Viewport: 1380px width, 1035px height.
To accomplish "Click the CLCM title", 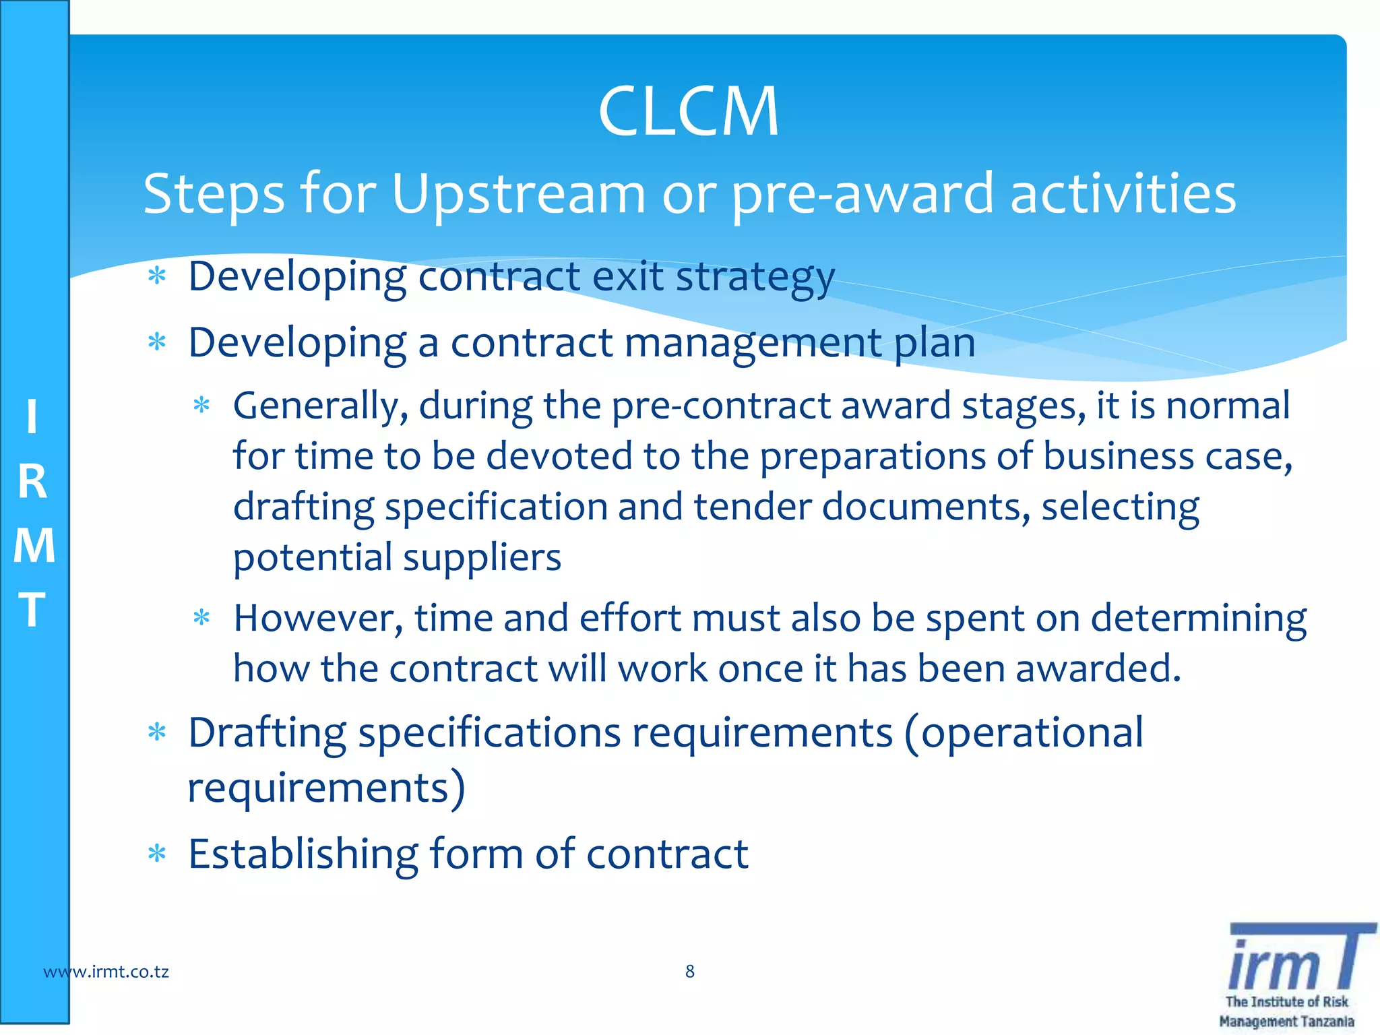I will tap(688, 111).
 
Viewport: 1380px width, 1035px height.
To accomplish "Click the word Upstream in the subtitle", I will tap(518, 195).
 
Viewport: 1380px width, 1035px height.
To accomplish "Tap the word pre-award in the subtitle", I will tap(862, 195).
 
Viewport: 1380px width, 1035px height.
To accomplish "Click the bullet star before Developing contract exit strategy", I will tap(157, 276).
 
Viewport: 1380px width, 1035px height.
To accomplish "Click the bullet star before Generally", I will tap(201, 406).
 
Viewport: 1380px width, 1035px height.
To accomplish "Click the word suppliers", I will tap(482, 558).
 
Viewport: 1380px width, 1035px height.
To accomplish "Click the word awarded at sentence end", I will tap(1098, 669).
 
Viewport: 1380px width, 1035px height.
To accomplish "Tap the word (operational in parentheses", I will tap(1024, 733).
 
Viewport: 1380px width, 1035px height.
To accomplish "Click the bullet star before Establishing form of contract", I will tap(157, 854).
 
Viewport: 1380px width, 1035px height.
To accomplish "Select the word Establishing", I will tap(303, 854).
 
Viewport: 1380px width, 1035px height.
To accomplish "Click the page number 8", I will tap(689, 971).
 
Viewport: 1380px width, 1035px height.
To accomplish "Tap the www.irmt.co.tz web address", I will tap(106, 972).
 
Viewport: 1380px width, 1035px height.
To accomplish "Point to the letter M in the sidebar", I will tap(34, 545).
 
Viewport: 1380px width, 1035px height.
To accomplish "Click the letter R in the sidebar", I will tap(33, 482).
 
